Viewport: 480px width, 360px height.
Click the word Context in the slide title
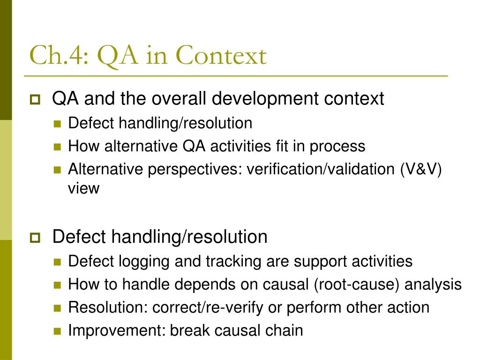click(x=221, y=55)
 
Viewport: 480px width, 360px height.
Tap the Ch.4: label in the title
click(x=59, y=55)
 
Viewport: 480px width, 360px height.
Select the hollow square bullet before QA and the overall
click(x=35, y=99)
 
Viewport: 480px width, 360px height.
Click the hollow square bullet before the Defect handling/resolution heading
click(x=35, y=238)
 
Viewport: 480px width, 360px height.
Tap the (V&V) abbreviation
click(x=421, y=169)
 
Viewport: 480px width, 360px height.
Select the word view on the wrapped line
click(x=83, y=188)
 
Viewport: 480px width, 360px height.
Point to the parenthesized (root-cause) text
click(x=357, y=285)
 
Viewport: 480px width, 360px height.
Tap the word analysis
click(x=433, y=285)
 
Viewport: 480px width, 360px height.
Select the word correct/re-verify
click(x=208, y=307)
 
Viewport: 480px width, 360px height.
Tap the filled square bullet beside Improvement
click(x=57, y=331)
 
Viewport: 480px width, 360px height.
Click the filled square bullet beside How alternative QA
click(x=57, y=147)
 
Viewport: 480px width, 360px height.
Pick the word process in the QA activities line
click(x=337, y=147)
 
